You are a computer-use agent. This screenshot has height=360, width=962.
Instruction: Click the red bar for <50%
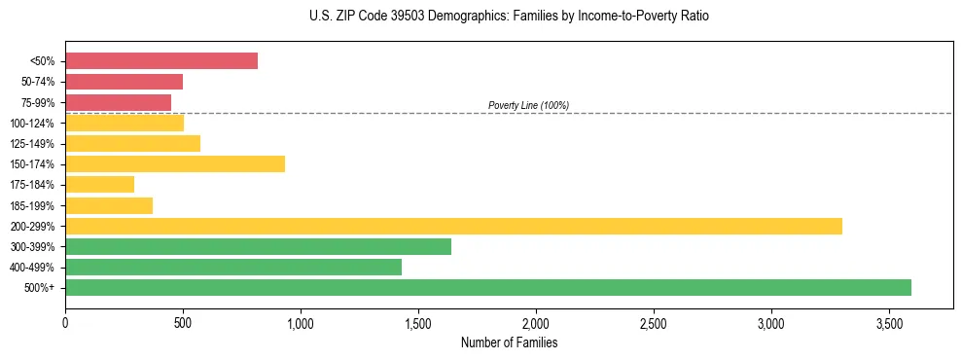coord(161,61)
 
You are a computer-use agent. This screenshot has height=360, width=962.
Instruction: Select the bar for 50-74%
coord(124,82)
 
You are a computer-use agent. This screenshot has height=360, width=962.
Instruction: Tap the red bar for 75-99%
coord(118,102)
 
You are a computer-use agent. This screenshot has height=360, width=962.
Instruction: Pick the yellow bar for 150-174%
coord(175,163)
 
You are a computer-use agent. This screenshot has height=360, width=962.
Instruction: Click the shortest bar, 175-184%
coord(99,184)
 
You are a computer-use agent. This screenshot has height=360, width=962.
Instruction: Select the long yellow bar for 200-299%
coord(453,226)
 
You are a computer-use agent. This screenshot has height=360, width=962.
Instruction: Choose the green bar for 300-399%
coord(258,246)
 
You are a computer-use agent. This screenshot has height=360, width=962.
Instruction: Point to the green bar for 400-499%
coord(233,267)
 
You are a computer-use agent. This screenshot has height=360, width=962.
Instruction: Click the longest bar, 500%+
coord(488,287)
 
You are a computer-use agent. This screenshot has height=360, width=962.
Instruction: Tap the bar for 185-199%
coord(109,205)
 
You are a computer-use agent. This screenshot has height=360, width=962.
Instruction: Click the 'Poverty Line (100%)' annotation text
coord(528,105)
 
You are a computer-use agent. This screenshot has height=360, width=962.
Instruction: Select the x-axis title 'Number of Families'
coord(509,342)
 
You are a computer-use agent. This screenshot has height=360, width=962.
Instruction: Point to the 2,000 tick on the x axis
coord(536,321)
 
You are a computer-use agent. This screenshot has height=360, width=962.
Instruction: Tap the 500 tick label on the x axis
coord(183,321)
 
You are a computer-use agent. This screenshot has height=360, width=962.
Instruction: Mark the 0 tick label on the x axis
coord(65,321)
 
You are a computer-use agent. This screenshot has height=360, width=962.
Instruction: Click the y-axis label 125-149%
coord(32,144)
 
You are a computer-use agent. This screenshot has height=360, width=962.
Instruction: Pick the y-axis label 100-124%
coord(32,124)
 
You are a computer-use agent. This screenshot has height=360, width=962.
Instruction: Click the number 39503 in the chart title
coord(374,17)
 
